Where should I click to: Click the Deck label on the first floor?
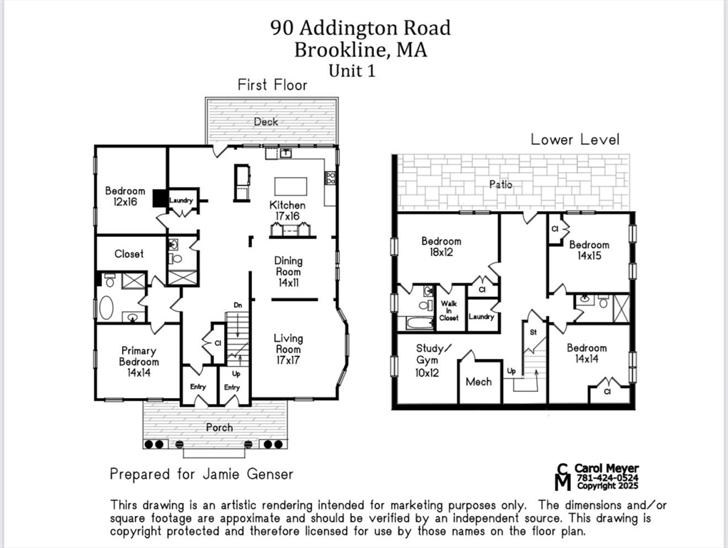click(x=266, y=122)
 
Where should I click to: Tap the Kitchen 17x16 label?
click(x=287, y=210)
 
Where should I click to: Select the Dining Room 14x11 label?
click(x=288, y=272)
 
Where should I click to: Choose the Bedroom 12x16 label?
click(x=125, y=196)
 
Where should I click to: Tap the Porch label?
click(x=219, y=427)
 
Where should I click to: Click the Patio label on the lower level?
click(x=500, y=185)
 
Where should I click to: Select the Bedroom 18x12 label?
click(x=441, y=246)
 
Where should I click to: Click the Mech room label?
click(x=478, y=382)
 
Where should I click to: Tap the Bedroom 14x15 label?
click(x=589, y=250)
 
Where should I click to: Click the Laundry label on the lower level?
click(x=482, y=317)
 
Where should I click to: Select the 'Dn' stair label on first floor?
click(x=238, y=305)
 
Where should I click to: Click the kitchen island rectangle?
click(x=290, y=186)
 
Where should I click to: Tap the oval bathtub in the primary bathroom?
click(x=106, y=308)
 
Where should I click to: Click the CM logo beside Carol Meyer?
click(x=564, y=477)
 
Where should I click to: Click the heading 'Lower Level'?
click(x=575, y=139)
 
